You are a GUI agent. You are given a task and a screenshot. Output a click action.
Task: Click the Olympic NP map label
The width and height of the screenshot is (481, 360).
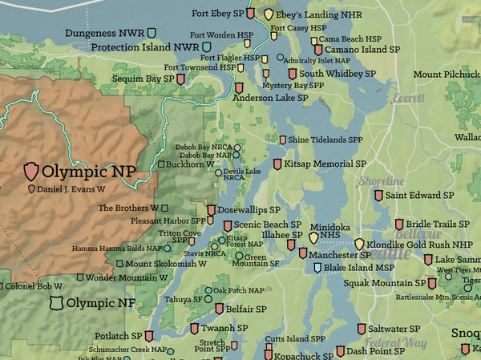89,171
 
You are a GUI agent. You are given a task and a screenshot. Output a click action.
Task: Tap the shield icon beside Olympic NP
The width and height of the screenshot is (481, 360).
31,170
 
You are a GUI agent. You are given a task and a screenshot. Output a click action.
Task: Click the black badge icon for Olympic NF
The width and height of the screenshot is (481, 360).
55,303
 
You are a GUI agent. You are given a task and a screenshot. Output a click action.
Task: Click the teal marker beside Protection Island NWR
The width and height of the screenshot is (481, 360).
208,47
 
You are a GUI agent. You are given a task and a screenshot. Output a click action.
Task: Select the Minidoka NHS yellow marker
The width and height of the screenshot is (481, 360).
313,238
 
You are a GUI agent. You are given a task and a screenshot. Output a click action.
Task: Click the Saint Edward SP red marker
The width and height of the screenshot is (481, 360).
378,195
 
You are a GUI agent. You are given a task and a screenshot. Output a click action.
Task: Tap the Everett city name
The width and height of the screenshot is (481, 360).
409,98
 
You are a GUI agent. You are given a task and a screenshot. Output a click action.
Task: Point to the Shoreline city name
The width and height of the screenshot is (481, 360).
382,181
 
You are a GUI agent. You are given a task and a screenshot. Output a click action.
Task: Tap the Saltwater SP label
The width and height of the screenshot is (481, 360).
394,328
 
